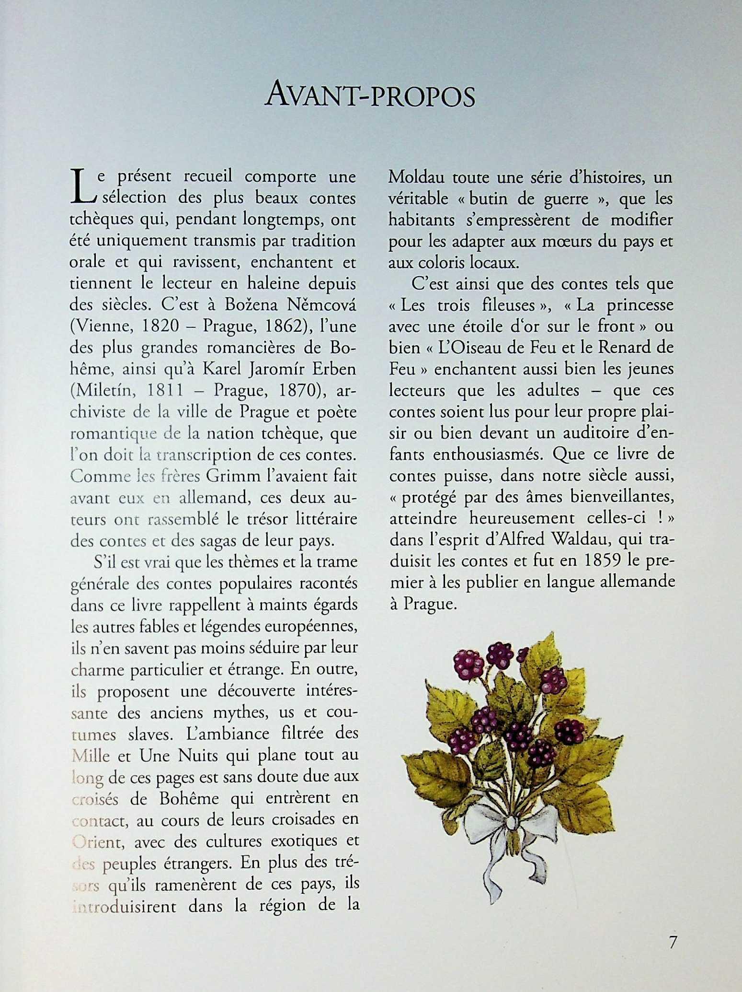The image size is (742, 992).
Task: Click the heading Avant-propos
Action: tap(370, 95)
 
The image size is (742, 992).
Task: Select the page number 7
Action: tap(673, 942)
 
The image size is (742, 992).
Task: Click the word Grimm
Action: tap(234, 476)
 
